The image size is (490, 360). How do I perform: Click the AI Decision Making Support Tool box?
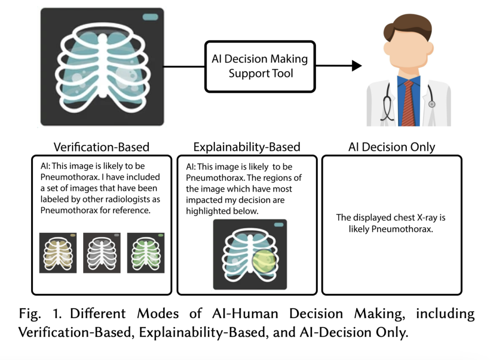(x=260, y=66)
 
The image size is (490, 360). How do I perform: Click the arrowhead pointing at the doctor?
(x=356, y=65)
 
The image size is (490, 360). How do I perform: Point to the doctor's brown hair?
(x=407, y=27)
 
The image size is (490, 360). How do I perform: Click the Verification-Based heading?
(x=101, y=147)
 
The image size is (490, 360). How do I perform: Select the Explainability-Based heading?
(x=246, y=147)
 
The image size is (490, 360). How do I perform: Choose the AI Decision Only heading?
(x=391, y=147)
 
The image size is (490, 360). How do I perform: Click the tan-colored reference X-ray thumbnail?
(x=58, y=253)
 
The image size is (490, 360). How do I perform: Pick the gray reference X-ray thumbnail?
(x=101, y=253)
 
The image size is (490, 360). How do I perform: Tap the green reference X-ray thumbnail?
(x=145, y=253)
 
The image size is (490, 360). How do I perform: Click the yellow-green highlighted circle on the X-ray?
(x=264, y=261)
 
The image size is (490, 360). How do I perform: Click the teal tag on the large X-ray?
(x=150, y=17)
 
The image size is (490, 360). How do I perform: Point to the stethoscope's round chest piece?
(x=432, y=104)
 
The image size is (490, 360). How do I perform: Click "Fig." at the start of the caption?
(x=30, y=314)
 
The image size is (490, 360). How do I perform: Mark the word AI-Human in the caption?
(x=245, y=314)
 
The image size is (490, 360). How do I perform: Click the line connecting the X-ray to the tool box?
(x=184, y=66)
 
